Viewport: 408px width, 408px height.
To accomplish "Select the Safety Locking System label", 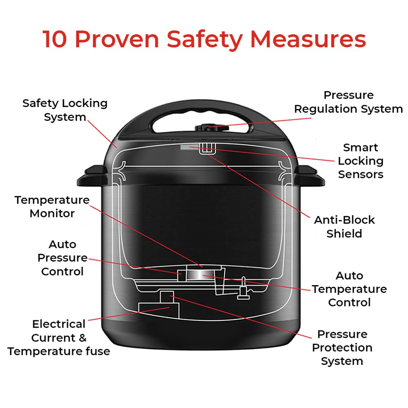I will tap(65, 110).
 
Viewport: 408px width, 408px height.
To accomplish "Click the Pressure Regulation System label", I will tap(348, 102).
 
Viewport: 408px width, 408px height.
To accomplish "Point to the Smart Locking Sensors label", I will tap(361, 161).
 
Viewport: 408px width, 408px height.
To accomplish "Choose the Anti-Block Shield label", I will tap(344, 226).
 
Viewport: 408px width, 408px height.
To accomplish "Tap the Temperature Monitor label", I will tap(52, 206).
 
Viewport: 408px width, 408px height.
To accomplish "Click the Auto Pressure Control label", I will tap(62, 258).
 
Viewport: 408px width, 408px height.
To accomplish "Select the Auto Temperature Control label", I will tap(349, 289).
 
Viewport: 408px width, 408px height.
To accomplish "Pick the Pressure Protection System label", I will tap(342, 348).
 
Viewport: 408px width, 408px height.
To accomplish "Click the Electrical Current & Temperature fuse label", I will tap(59, 338).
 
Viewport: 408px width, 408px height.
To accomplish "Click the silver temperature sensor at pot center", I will tap(195, 275).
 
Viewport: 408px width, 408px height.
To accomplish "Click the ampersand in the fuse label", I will tap(82, 338).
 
